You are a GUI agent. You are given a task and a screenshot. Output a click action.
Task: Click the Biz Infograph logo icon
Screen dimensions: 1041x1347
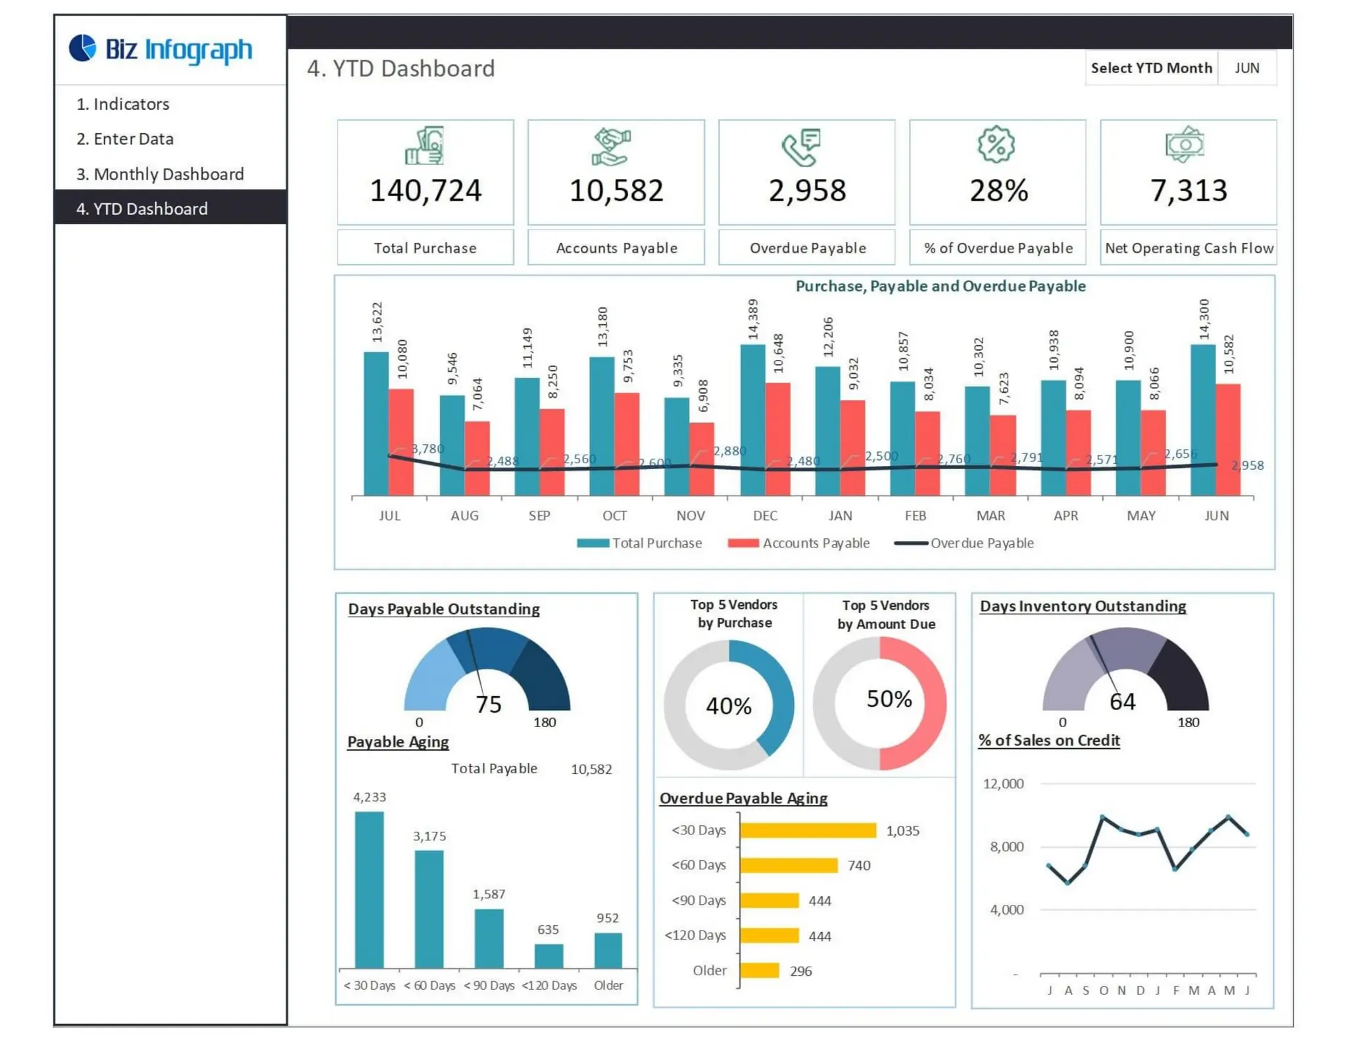83,48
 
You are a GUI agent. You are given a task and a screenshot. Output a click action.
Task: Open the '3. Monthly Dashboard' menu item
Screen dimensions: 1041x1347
160,174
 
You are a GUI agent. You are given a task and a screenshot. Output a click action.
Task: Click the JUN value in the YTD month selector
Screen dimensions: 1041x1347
1246,68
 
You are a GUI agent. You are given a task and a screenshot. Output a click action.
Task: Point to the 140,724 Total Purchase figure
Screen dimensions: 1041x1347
426,191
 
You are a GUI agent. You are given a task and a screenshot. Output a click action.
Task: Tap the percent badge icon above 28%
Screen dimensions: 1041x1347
996,144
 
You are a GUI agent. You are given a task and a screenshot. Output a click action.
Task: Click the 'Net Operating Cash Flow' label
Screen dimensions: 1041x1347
1188,248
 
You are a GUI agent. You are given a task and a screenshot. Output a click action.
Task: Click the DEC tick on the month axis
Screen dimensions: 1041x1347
765,515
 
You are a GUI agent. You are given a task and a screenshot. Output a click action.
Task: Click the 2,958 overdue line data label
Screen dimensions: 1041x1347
1247,465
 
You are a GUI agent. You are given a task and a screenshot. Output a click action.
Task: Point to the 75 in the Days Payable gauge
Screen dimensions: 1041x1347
489,705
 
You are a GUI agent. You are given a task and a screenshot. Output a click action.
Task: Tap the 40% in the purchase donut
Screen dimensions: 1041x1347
729,706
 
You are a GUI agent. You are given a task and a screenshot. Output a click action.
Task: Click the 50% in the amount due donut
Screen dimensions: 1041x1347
889,699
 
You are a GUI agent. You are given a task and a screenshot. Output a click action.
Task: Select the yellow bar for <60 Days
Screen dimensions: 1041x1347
789,865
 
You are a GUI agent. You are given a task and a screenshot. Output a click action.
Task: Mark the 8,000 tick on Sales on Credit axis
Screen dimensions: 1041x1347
1006,847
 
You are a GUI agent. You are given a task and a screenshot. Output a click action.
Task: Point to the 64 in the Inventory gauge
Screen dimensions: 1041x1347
1122,702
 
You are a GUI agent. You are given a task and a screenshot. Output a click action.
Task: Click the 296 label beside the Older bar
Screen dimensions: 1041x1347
800,971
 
